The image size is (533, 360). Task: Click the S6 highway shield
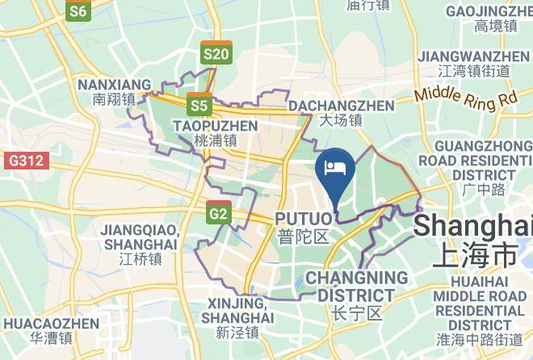tap(79, 11)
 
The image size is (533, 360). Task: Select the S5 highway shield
tap(199, 105)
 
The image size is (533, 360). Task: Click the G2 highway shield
tap(218, 213)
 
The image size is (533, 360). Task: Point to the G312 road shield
tap(25, 161)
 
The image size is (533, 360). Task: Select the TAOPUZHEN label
tap(215, 132)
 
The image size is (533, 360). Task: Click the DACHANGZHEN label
tap(342, 113)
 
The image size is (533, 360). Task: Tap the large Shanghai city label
tap(473, 239)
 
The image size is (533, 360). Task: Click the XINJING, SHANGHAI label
tap(237, 317)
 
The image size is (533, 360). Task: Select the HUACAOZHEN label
tap(51, 329)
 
